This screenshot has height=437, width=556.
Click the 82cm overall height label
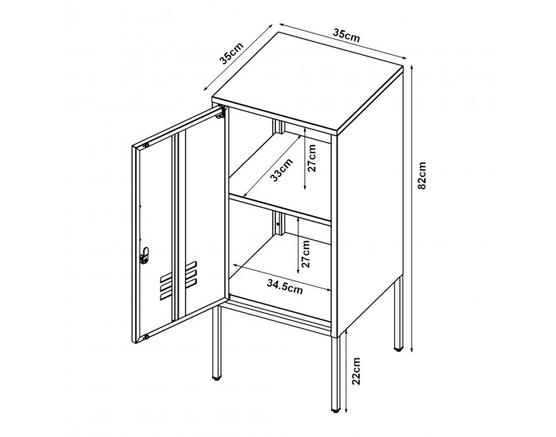coord(422,176)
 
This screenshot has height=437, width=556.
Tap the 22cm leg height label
coord(356,371)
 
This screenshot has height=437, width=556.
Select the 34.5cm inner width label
coord(285,287)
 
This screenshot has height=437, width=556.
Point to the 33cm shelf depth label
coord(282,169)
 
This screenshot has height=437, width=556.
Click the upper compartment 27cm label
coord(311,158)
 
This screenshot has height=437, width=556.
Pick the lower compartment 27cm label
coord(305,254)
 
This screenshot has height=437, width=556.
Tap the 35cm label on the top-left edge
coord(232,53)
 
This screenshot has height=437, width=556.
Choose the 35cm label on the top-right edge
coord(346,35)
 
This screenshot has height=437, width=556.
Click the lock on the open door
coord(145,255)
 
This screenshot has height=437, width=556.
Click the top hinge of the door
coord(221,113)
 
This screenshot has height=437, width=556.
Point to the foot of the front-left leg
coord(216,378)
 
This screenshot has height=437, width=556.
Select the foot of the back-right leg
coord(399,350)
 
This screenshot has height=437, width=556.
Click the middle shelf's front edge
coord(280,210)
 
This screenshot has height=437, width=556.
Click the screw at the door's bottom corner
coord(146,337)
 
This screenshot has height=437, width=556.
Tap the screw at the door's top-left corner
coord(145,145)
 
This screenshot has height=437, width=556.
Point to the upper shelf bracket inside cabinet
coord(278,126)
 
